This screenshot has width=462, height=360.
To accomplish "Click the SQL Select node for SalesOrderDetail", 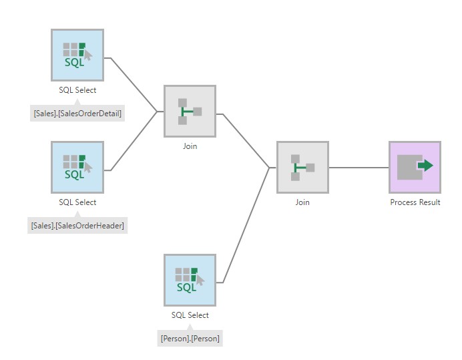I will pos(77,55).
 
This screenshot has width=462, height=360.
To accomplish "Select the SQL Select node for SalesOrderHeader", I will pos(77,167).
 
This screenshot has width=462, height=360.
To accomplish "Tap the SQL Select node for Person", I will pos(190,280).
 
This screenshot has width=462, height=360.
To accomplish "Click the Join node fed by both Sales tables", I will pos(190,111).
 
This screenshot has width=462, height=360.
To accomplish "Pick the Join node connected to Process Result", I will pos(302,167).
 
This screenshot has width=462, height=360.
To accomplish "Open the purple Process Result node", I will pos(415,167).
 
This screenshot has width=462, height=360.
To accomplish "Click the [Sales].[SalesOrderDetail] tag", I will pos(77,114).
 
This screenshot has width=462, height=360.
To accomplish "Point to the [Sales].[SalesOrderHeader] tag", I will pos(77,226).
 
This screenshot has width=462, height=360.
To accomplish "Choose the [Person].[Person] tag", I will pos(190,339).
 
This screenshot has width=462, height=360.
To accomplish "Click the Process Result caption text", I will pos(415,202).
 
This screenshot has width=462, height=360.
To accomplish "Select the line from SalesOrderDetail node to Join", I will pos(133,83).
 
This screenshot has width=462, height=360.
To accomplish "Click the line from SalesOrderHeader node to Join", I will pos(134,141).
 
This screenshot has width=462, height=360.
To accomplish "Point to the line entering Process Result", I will pos(359,167).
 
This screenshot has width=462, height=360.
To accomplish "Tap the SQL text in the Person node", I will pos(186,288).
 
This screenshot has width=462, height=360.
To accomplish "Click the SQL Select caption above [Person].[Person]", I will pos(190,315).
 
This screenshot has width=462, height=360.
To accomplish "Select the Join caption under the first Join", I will pos(190,146).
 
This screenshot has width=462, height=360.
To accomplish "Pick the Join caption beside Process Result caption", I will pos(302,202).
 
